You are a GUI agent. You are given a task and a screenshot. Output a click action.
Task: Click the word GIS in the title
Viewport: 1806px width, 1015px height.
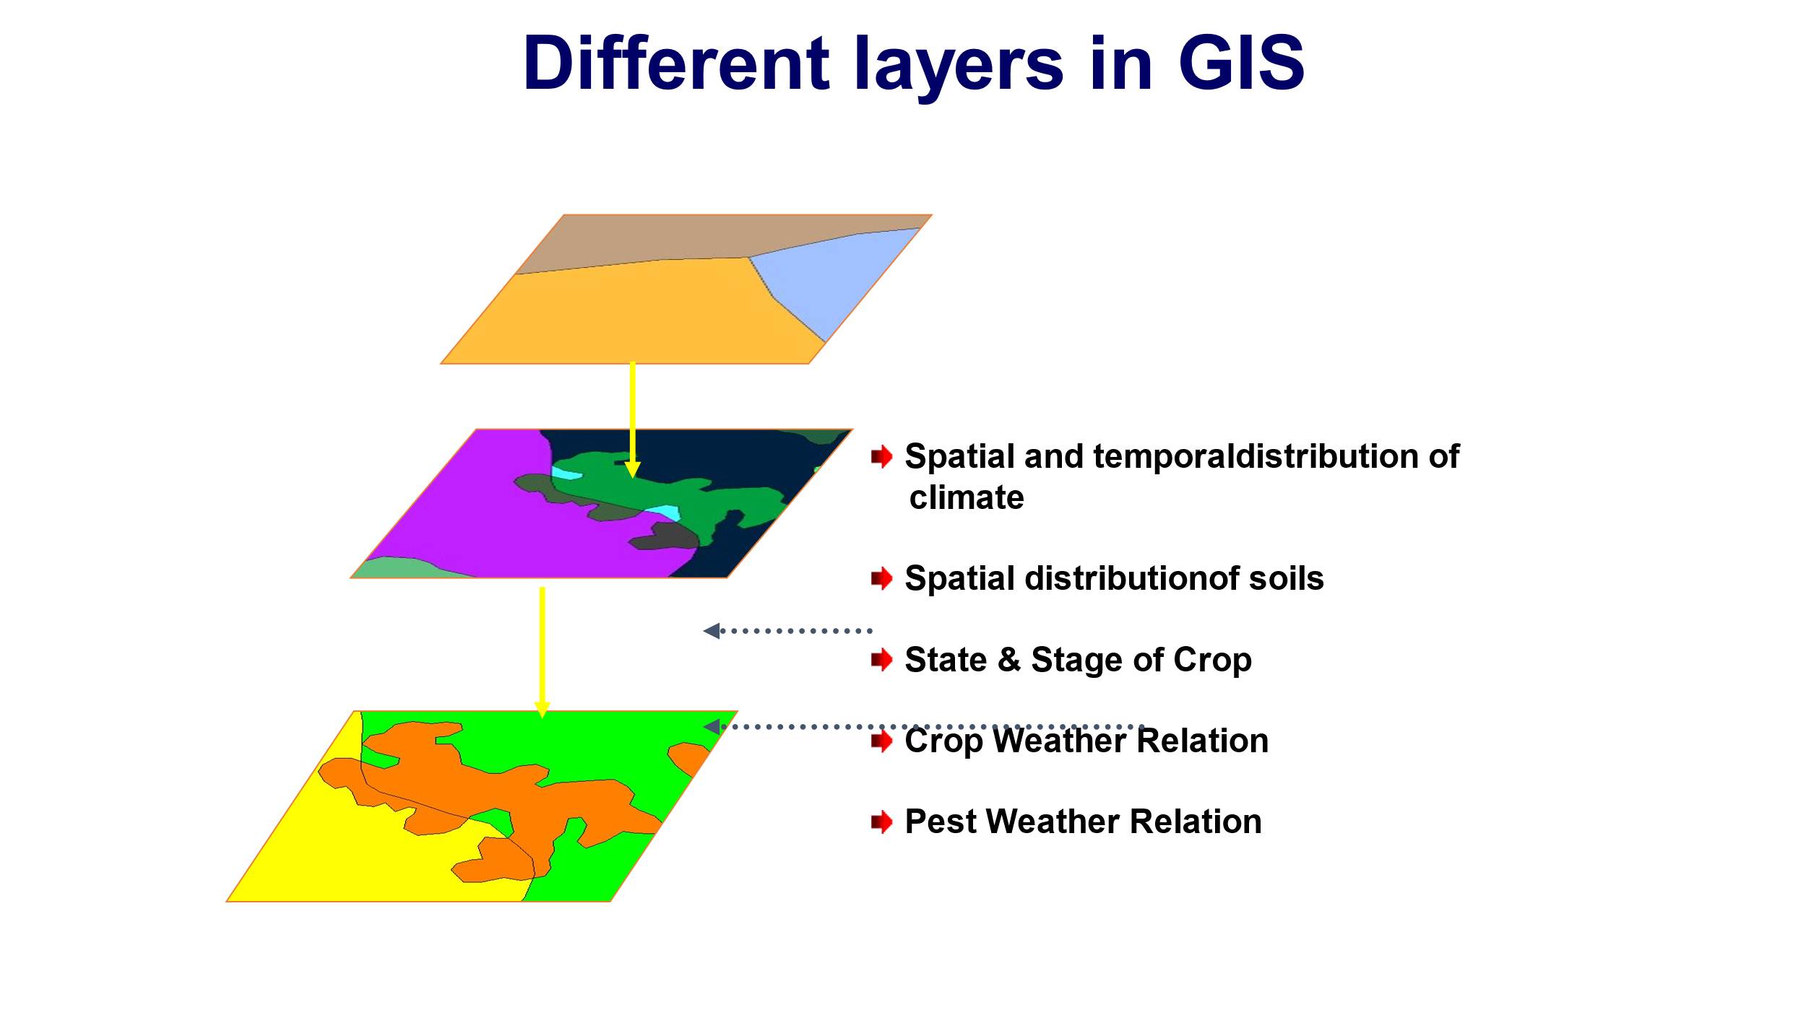1240,64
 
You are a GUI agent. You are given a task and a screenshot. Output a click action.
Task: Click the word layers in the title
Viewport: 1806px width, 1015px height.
959,65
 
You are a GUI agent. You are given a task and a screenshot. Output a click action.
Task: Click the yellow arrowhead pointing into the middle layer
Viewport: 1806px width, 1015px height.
632,470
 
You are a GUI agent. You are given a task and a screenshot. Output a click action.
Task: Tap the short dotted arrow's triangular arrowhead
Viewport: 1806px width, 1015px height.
712,631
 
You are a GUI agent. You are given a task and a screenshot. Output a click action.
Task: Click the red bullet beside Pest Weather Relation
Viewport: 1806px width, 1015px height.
881,822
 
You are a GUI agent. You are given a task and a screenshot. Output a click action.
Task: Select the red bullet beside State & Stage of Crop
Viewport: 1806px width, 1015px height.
881,659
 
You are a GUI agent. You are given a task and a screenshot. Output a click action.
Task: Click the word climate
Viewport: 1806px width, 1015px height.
966,498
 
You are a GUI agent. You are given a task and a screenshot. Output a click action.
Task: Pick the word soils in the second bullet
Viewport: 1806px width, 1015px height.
1286,578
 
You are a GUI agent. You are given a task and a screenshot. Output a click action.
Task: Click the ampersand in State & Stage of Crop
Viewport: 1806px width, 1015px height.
1008,660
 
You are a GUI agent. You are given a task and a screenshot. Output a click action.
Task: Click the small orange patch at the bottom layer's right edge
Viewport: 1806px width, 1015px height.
688,757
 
